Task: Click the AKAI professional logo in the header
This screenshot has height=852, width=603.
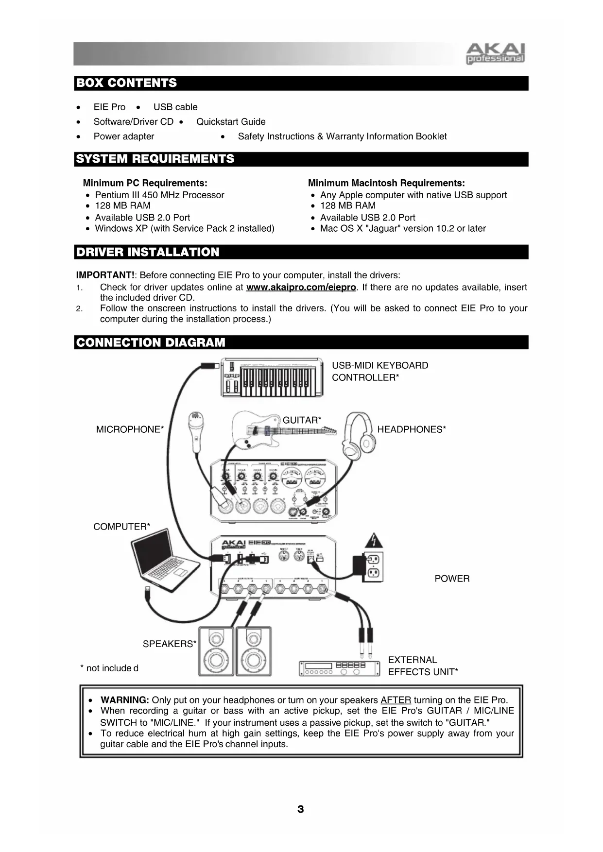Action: (495, 53)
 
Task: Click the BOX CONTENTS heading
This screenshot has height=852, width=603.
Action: (127, 83)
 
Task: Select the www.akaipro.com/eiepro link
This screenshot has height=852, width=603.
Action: (301, 287)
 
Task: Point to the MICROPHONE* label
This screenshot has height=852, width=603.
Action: (130, 429)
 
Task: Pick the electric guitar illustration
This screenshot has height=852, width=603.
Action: (272, 429)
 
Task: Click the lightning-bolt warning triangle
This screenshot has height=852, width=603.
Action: (373, 541)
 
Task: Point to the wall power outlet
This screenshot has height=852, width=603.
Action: (373, 567)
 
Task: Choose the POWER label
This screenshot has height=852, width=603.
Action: (452, 579)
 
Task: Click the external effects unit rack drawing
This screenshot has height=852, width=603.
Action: (339, 668)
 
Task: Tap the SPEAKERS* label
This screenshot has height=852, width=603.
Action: (169, 644)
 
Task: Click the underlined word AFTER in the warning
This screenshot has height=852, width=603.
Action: (396, 700)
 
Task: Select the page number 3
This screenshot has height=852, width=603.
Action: (301, 809)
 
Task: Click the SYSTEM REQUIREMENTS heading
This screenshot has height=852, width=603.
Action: (155, 159)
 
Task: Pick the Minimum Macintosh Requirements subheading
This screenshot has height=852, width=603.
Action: (386, 183)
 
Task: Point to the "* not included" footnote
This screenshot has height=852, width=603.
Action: (109, 668)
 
